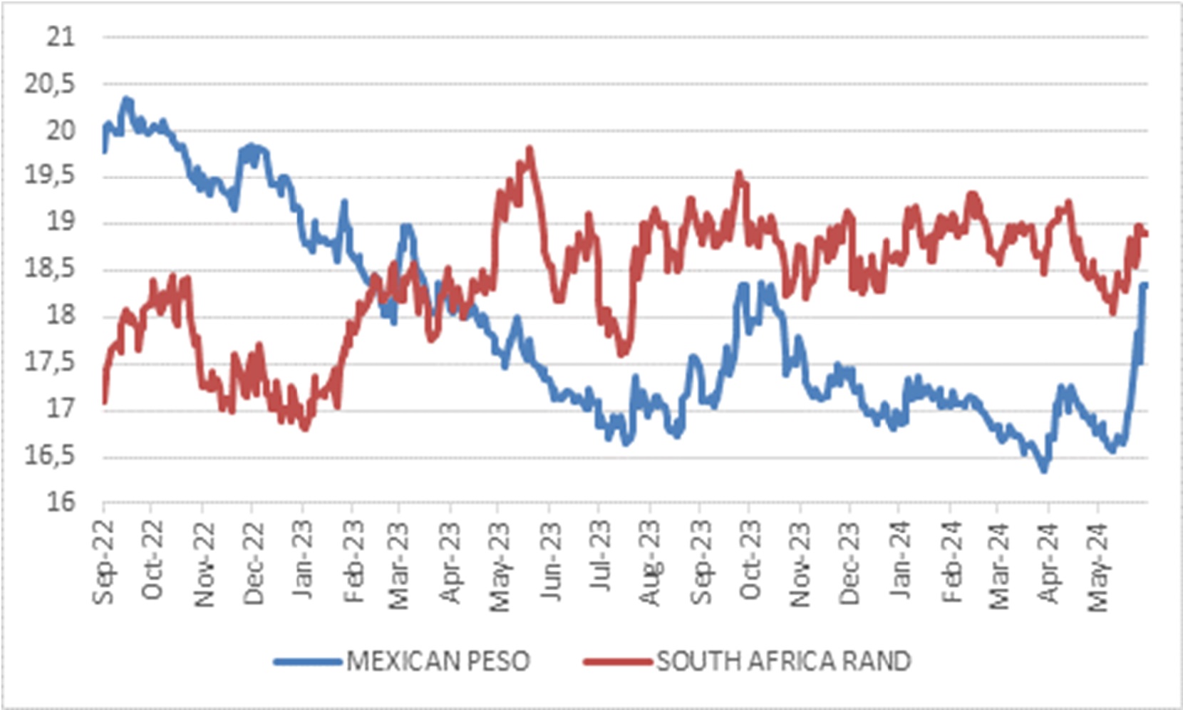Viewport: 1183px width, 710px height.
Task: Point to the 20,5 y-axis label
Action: point(50,84)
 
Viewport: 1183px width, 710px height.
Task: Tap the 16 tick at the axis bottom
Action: point(61,503)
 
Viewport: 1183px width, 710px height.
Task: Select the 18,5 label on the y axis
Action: point(50,269)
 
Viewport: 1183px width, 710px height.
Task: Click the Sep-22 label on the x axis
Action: point(104,563)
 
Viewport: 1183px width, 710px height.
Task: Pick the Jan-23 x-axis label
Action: point(303,563)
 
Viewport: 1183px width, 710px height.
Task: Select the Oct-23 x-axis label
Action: point(750,563)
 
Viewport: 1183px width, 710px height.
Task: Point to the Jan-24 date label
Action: point(899,563)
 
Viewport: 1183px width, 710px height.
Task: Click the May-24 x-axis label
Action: point(1098,567)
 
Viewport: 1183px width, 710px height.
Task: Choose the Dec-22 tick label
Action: point(253,563)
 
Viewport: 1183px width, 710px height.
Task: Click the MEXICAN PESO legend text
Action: point(438,662)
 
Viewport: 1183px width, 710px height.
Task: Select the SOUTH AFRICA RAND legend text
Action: point(783,662)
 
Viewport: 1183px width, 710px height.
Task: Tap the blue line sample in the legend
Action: point(308,662)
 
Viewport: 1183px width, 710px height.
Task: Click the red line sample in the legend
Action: point(617,662)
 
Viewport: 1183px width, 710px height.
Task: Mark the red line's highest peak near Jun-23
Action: point(529,149)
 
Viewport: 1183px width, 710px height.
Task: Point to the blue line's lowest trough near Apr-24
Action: point(1044,470)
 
